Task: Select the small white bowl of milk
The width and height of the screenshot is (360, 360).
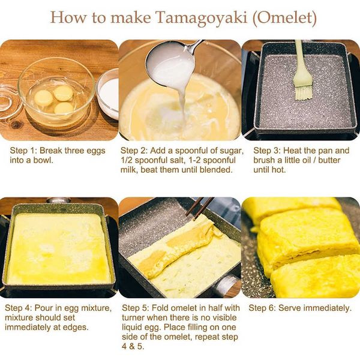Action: click(x=109, y=93)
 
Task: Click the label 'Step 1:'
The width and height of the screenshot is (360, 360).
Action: click(x=24, y=151)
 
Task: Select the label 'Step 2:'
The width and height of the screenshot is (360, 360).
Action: click(x=135, y=151)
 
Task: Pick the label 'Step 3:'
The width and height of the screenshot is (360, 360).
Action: click(x=268, y=151)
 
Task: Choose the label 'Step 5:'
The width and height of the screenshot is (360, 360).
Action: click(x=137, y=308)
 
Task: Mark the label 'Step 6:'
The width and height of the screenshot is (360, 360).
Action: click(x=263, y=308)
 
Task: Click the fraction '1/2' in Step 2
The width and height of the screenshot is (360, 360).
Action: click(x=128, y=160)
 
